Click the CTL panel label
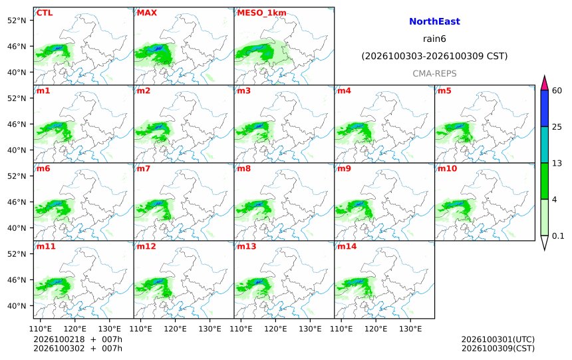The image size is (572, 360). (x=45, y=13)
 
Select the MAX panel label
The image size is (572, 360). (x=146, y=13)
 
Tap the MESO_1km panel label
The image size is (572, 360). (x=261, y=13)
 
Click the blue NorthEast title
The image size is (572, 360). (x=434, y=21)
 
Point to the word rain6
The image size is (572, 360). (x=434, y=39)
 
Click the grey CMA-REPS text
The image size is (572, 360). (x=434, y=74)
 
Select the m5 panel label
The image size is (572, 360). (x=444, y=90)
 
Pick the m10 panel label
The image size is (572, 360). (x=447, y=168)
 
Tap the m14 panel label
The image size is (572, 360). (x=347, y=246)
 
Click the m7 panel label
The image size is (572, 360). (x=144, y=168)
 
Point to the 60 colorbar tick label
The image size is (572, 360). (x=557, y=90)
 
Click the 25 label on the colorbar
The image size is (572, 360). (x=557, y=127)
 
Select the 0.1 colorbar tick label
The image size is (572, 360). (x=558, y=236)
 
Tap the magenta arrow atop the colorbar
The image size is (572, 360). (x=544, y=83)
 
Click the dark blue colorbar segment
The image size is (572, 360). (x=544, y=108)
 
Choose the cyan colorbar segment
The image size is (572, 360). (x=544, y=144)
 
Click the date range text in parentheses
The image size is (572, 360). (x=434, y=56)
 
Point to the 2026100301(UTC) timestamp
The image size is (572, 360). (x=498, y=339)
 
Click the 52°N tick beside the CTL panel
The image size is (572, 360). (x=17, y=20)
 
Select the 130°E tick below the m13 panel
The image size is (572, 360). (x=310, y=329)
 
